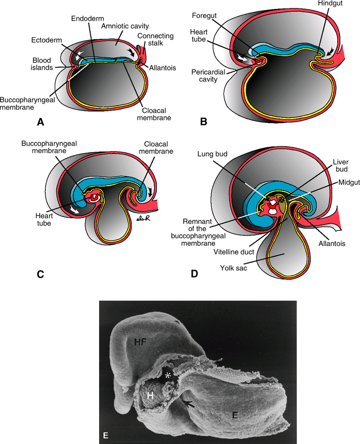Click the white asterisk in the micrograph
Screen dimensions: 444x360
(168, 376)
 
